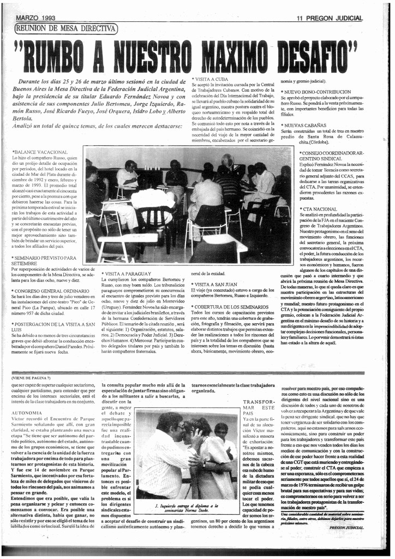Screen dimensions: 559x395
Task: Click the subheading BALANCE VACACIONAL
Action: tap(40, 152)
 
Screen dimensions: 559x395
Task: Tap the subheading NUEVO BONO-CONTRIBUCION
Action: tap(316, 92)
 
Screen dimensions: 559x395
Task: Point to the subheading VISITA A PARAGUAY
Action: tap(127, 273)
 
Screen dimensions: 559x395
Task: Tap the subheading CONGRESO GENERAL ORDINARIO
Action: tap(46, 290)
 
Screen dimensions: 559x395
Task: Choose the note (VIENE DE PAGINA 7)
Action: tap(31, 378)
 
